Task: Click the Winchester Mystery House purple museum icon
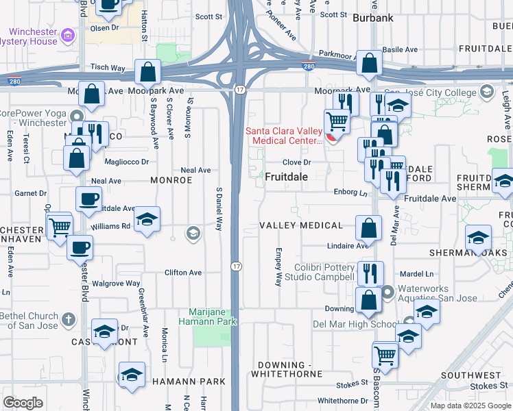pos(67,34)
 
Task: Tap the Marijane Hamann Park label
pos(208,316)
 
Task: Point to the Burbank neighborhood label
pos(373,18)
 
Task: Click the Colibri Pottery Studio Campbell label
pos(324,272)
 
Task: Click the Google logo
pos(23,403)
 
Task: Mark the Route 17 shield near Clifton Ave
pos(235,265)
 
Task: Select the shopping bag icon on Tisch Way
pos(148,71)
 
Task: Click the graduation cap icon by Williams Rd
pos(147,220)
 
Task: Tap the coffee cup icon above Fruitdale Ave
pos(88,199)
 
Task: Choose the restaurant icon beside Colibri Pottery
pos(370,273)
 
